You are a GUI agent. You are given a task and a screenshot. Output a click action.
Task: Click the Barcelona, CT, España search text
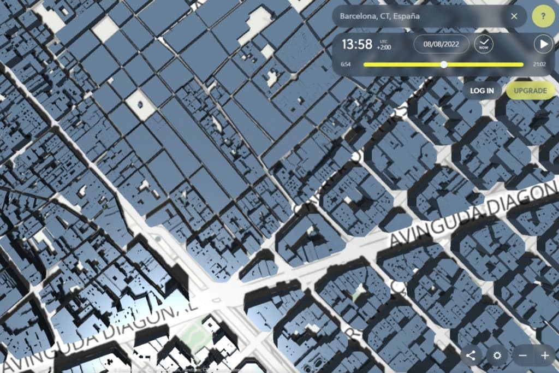click(379, 16)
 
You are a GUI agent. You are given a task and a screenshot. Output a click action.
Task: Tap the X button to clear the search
click(514, 16)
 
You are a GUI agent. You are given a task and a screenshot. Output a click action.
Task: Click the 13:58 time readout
click(357, 44)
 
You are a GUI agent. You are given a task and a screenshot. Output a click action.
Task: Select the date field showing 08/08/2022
click(441, 44)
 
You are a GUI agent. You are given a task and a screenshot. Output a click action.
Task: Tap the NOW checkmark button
click(483, 44)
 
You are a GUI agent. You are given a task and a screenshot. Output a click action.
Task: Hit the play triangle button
click(543, 44)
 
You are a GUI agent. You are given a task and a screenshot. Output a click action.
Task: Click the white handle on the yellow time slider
click(444, 64)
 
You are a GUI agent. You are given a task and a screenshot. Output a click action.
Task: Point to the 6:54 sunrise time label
click(346, 64)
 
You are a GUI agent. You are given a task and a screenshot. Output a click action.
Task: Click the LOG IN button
click(482, 90)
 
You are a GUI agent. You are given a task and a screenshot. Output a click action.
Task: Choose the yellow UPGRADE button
click(530, 90)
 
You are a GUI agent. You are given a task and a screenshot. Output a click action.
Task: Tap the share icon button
click(471, 356)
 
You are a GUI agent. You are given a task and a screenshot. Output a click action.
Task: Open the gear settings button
click(497, 356)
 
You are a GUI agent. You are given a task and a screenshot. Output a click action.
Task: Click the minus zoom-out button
click(522, 356)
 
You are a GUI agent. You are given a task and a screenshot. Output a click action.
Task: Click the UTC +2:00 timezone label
click(383, 44)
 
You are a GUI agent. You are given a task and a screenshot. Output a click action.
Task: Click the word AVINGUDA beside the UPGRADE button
click(431, 228)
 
